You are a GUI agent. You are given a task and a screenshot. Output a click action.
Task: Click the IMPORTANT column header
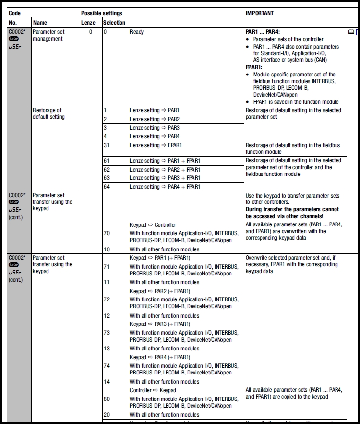click(x=260, y=13)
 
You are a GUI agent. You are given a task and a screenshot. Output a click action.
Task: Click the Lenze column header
click(x=88, y=23)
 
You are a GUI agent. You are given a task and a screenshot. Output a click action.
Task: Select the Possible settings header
click(x=102, y=13)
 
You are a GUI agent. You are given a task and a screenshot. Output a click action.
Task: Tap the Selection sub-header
click(x=115, y=23)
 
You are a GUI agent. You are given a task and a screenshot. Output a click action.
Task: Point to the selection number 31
click(x=107, y=145)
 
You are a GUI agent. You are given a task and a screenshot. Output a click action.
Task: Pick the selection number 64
click(x=107, y=187)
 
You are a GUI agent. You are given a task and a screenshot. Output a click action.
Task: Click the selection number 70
click(x=107, y=233)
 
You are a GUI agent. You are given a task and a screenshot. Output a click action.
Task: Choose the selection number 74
click(x=107, y=366)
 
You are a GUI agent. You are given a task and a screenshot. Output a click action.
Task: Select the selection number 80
click(x=107, y=399)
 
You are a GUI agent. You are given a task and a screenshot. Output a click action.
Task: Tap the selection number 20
click(x=107, y=415)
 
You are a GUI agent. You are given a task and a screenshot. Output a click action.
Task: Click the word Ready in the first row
click(x=138, y=32)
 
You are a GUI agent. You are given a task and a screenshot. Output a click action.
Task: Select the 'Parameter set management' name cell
click(x=48, y=35)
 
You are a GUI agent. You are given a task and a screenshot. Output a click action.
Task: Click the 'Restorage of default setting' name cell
click(x=48, y=114)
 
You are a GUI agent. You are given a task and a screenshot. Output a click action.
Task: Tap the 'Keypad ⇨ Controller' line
click(x=153, y=225)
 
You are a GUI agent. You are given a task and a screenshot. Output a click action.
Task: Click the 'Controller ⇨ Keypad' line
click(x=153, y=390)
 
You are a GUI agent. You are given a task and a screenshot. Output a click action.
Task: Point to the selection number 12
click(x=107, y=316)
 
